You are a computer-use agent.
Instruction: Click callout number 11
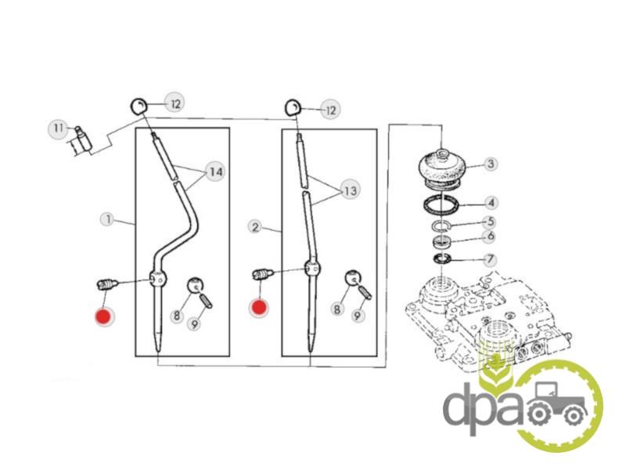tap(58, 128)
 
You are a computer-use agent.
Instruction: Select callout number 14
tap(216, 172)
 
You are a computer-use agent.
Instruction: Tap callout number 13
tap(350, 190)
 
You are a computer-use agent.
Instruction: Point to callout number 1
tap(108, 219)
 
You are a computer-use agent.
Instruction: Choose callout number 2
tap(256, 227)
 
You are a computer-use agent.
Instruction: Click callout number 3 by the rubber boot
tap(491, 164)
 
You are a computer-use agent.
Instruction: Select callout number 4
tap(491, 203)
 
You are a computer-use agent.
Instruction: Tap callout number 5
tap(491, 222)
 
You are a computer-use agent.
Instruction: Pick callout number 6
tap(491, 237)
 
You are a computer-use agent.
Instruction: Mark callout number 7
tap(490, 260)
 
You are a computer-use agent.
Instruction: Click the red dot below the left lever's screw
tap(104, 317)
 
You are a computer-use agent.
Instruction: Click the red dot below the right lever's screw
tap(259, 308)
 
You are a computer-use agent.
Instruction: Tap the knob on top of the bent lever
tap(139, 107)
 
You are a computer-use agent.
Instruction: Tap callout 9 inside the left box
tap(194, 324)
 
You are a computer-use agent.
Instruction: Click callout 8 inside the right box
tap(337, 309)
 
